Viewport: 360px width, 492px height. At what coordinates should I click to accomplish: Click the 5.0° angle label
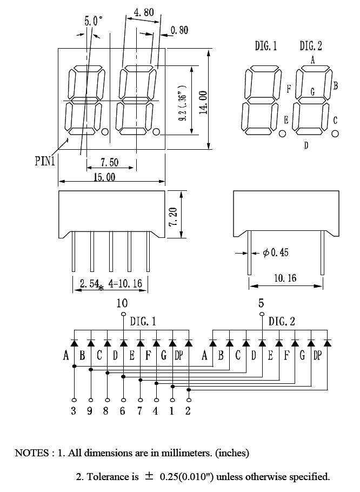point(93,21)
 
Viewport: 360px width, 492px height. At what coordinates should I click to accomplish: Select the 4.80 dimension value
point(144,12)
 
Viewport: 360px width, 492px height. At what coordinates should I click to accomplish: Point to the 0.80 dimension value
point(179,30)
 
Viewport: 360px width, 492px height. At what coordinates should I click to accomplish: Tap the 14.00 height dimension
point(203,102)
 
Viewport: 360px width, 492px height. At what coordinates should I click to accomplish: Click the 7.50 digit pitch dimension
point(109,162)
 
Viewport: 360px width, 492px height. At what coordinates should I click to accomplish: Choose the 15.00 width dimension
point(104,177)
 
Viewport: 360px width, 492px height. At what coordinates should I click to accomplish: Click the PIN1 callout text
point(45,161)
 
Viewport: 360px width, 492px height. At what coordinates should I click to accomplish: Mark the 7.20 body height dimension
point(173,216)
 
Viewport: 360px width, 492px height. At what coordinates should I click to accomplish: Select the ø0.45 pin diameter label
point(276,252)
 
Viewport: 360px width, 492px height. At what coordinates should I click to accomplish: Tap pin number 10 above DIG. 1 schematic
point(122,303)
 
